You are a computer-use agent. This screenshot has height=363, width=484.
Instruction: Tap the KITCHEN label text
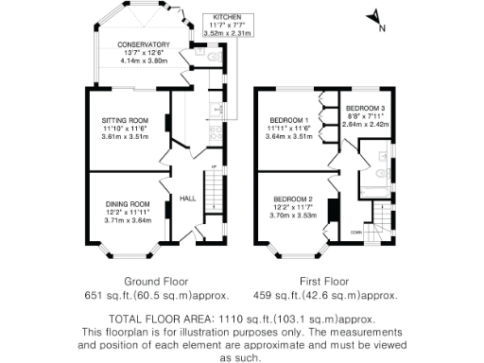click(x=229, y=18)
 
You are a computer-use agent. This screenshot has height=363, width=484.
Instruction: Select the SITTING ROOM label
click(x=126, y=121)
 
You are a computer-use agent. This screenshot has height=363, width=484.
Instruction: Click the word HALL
click(x=187, y=198)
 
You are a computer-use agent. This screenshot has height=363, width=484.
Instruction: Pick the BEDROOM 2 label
click(x=290, y=199)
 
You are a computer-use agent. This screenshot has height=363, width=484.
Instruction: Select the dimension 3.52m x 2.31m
click(x=229, y=33)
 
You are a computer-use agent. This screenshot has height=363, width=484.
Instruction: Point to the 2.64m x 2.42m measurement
click(x=365, y=123)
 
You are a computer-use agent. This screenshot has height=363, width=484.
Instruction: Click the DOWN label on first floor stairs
click(x=355, y=232)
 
